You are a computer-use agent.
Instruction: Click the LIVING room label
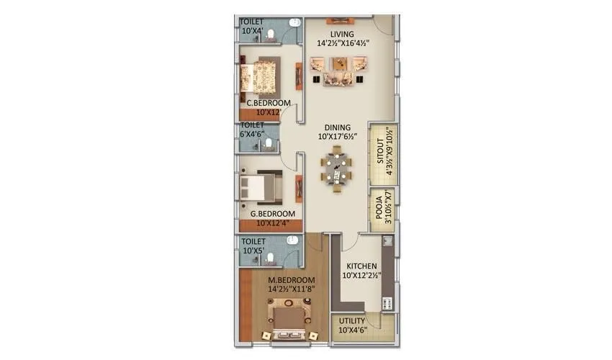(343, 34)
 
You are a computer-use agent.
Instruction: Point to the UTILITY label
(353, 320)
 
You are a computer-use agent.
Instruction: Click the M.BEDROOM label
(292, 279)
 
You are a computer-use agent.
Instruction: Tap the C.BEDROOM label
(269, 103)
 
